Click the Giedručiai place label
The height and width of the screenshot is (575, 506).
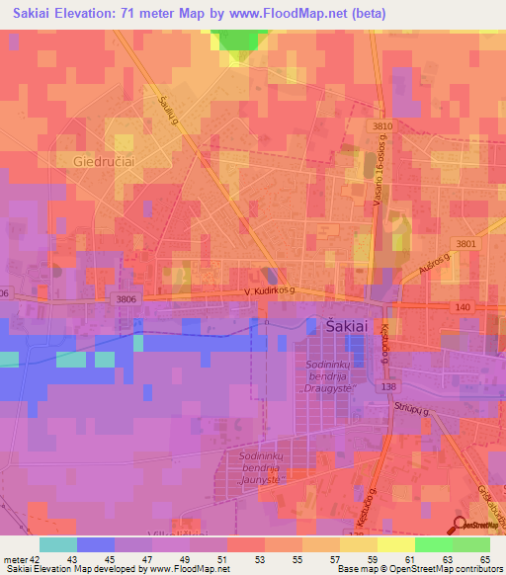point(102,159)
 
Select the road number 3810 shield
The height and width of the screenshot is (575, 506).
point(382,126)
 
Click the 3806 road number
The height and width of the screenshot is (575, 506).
point(126,298)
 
